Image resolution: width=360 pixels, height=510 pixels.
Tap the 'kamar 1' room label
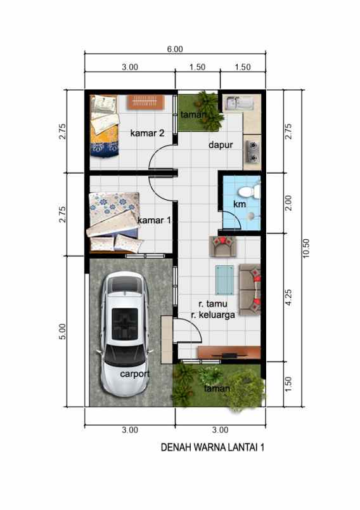pos(154,219)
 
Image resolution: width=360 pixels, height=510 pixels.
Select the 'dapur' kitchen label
pos(221,145)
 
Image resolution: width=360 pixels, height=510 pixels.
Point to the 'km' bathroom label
pos(239,204)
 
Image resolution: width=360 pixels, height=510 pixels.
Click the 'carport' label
pos(135,374)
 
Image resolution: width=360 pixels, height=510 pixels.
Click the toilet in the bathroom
pos(254,190)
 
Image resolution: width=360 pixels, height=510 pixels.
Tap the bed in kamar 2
pos(104,124)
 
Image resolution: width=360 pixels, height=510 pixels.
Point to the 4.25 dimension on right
pos(288,297)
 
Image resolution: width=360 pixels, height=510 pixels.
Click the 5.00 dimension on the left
pos(62,331)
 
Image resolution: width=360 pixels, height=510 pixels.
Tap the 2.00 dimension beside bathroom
pos(288,204)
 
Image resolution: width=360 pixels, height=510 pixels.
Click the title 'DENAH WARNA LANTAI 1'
pos(212,447)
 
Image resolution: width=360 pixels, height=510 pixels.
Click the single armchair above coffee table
pos(222,245)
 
